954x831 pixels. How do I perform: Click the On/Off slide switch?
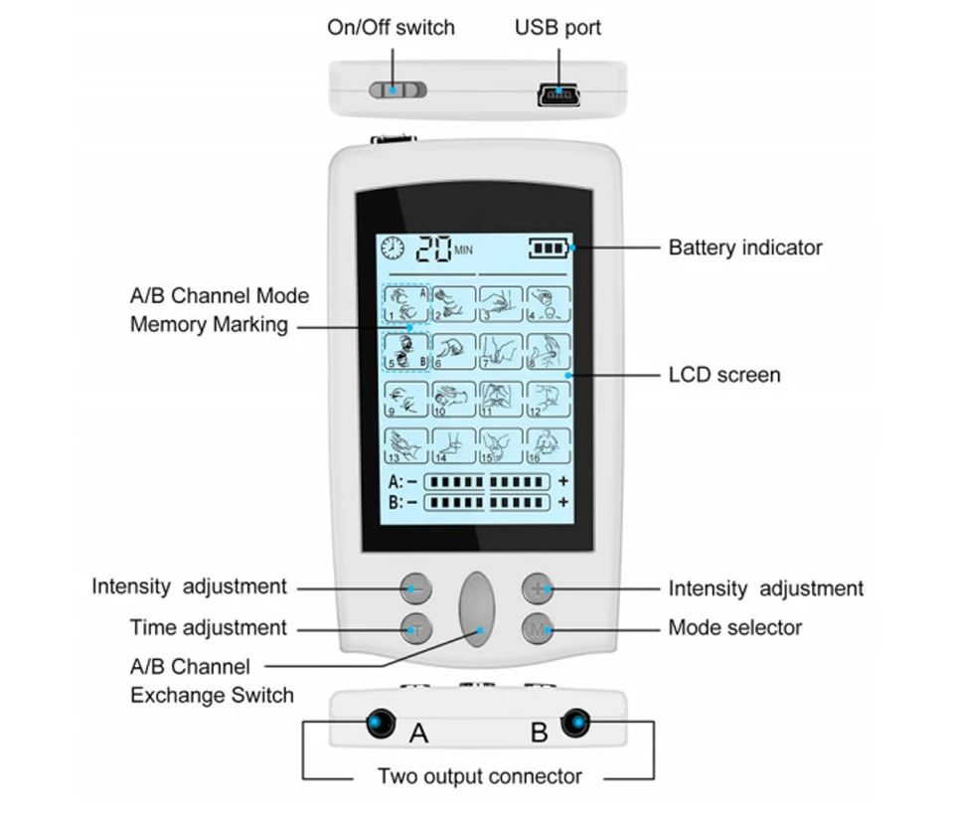click(397, 90)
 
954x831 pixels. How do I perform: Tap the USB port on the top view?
click(558, 95)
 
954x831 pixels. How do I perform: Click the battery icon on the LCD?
click(550, 248)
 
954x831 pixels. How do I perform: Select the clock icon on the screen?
click(393, 249)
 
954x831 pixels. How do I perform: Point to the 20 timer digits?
click(434, 249)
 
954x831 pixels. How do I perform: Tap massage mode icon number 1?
click(406, 304)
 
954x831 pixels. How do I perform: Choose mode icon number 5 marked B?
click(406, 351)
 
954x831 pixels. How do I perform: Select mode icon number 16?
click(549, 445)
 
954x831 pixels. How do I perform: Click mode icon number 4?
click(549, 304)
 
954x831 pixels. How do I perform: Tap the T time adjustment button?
click(416, 629)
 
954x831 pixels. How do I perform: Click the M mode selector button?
click(538, 629)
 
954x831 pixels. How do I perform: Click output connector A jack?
click(381, 724)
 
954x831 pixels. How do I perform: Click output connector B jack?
click(575, 724)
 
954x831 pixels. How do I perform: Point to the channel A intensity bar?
click(487, 482)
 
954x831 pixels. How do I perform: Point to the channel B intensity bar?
click(487, 503)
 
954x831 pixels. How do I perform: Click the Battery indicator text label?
click(745, 248)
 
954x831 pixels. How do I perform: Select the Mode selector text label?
click(735, 627)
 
